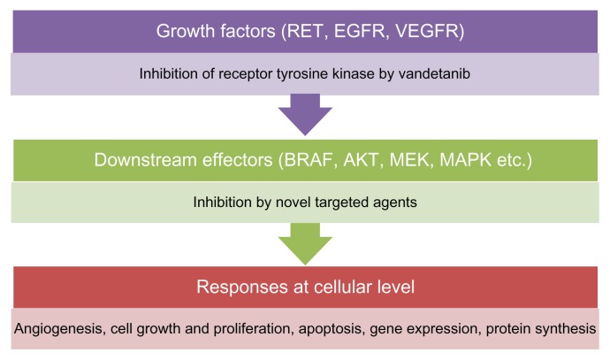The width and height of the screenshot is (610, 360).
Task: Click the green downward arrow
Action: click(x=304, y=241)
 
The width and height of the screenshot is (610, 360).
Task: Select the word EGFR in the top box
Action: click(x=355, y=33)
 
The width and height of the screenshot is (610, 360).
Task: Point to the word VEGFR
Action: click(x=422, y=33)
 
